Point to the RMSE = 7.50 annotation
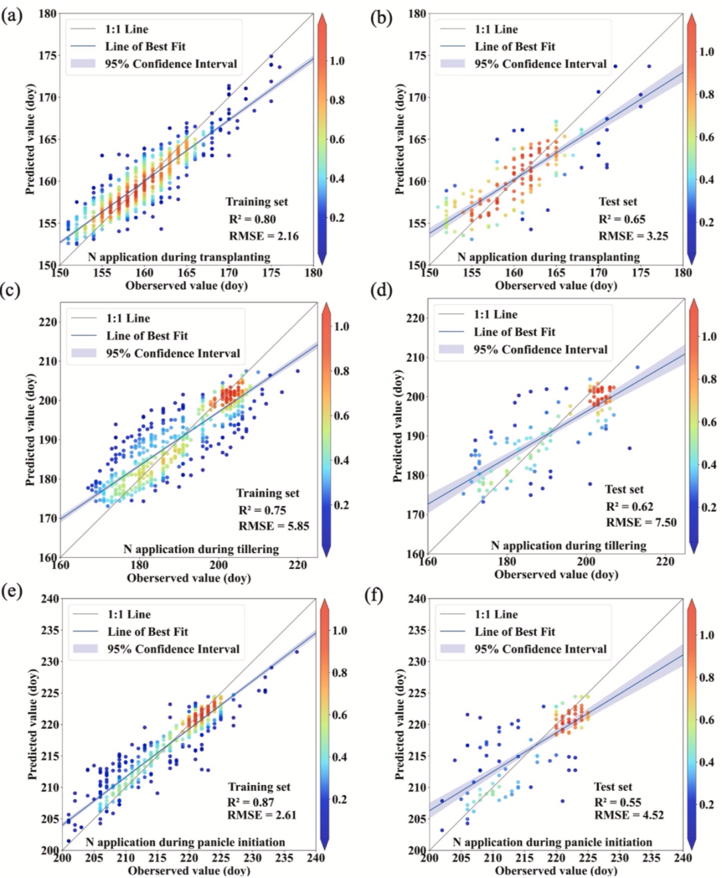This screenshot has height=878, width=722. click(632, 522)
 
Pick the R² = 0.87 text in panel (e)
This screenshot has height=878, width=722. click(251, 802)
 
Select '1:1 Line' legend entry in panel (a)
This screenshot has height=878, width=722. click(126, 29)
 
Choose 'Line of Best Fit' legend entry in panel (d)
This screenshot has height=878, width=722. click(514, 332)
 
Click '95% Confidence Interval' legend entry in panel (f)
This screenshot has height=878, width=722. click(540, 649)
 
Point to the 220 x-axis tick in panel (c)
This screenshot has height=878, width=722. click(297, 565)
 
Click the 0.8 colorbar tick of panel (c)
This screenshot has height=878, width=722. click(342, 371)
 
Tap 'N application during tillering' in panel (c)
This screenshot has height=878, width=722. click(201, 549)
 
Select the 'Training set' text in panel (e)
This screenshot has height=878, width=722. click(259, 787)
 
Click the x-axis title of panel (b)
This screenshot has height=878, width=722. click(556, 286)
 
